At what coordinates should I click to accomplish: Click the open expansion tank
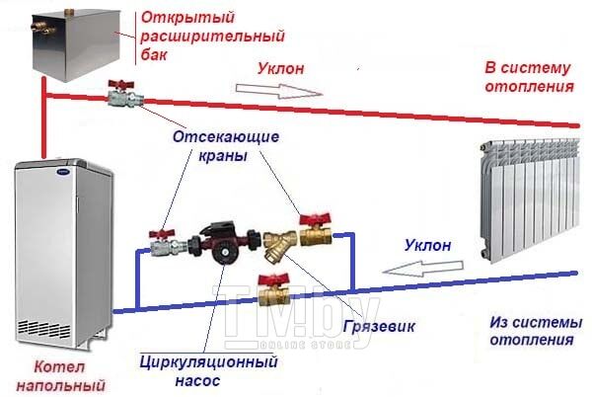click(x=76, y=43)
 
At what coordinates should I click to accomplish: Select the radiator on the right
click(x=529, y=199)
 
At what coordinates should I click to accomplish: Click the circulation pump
click(x=223, y=243)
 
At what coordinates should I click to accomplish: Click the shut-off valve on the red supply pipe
click(x=124, y=95)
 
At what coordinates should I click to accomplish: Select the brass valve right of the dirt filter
click(x=316, y=230)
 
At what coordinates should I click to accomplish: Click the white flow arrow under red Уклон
click(x=279, y=91)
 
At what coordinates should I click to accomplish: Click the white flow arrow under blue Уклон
click(x=422, y=269)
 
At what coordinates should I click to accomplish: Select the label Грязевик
click(x=379, y=326)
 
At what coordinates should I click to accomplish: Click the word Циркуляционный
click(x=208, y=362)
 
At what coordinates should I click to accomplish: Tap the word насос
click(x=197, y=380)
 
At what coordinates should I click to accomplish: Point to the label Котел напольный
click(x=60, y=376)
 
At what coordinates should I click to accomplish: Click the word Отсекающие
click(x=226, y=136)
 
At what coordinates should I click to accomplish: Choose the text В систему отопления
click(x=529, y=77)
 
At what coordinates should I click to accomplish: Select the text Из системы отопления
click(x=536, y=331)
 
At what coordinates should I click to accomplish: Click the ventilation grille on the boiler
click(x=44, y=329)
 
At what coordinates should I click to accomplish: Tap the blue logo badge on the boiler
click(x=63, y=172)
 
